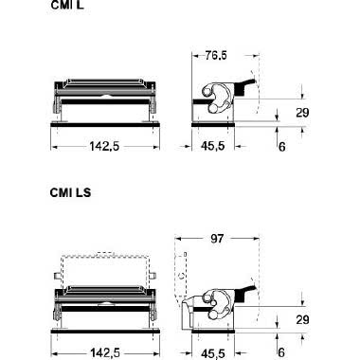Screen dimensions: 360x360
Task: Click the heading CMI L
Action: (x=67, y=5)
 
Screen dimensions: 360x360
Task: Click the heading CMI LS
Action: (x=70, y=192)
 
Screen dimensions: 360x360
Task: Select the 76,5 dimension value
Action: (x=216, y=56)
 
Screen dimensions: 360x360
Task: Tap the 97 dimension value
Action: (x=217, y=239)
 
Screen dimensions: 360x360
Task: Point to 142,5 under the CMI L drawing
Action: (x=104, y=146)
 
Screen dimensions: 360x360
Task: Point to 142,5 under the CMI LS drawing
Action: (x=105, y=352)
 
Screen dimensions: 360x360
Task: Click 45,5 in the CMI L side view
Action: (x=213, y=146)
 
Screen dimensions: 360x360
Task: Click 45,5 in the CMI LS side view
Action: (x=213, y=353)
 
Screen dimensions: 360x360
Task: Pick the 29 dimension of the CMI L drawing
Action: (x=302, y=113)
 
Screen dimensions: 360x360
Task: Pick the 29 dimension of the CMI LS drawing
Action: (x=302, y=320)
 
